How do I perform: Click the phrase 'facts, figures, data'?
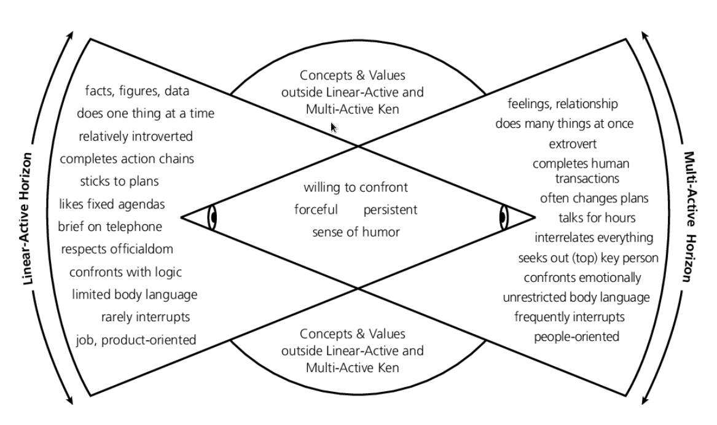(x=137, y=92)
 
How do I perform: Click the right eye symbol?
(x=503, y=217)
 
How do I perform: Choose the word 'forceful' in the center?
(x=316, y=210)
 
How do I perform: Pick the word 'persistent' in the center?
(x=390, y=210)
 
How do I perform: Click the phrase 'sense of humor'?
(x=356, y=232)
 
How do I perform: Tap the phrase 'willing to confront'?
(x=356, y=188)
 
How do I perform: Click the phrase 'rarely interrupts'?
(x=145, y=317)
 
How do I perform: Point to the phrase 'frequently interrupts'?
(x=570, y=317)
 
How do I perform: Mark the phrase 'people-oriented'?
(x=576, y=337)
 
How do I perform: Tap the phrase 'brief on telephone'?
(x=110, y=227)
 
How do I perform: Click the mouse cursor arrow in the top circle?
(x=333, y=127)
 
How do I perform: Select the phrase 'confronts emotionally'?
(x=582, y=278)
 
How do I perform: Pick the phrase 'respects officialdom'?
(x=117, y=249)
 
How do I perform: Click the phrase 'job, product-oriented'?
(x=136, y=339)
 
